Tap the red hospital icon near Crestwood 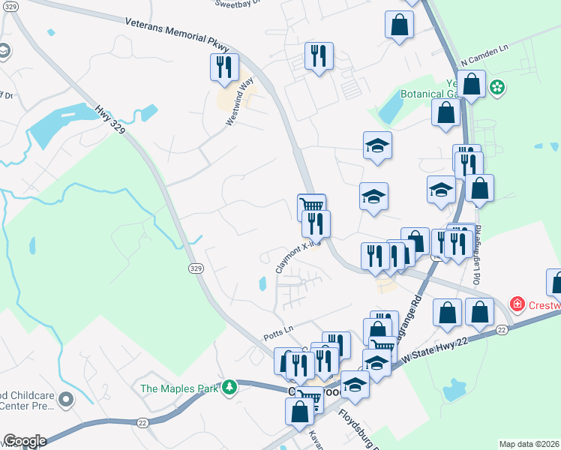point(517,304)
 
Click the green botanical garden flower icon point(496,88)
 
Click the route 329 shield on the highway point(196,268)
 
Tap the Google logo point(25,441)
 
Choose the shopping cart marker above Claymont point(311,205)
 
